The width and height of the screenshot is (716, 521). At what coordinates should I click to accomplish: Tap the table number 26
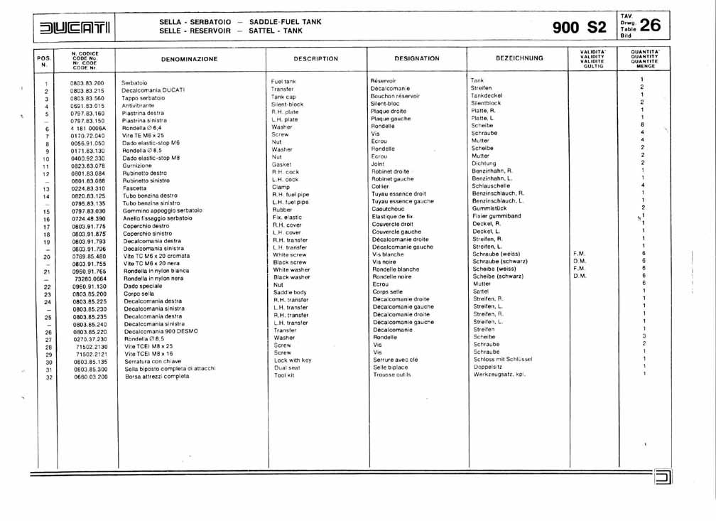pos(650,26)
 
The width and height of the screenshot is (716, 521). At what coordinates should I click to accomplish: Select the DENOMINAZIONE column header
pos(189,59)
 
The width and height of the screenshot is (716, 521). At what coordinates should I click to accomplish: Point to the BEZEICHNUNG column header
pos(519,58)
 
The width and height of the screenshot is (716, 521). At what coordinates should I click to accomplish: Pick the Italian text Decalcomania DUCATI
pos(153,91)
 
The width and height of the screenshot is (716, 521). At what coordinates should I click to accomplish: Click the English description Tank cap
pos(283,97)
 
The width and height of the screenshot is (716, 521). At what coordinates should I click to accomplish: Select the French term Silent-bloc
pos(386,103)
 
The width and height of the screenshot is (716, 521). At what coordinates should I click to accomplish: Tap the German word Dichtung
pos(484,163)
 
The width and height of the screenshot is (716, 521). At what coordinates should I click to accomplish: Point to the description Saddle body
pos(290,292)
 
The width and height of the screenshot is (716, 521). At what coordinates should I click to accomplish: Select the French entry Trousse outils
pos(391,375)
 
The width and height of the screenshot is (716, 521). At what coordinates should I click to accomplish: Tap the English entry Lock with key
pos(293,360)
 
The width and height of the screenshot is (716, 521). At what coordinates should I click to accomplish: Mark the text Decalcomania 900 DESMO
pos(159,331)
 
